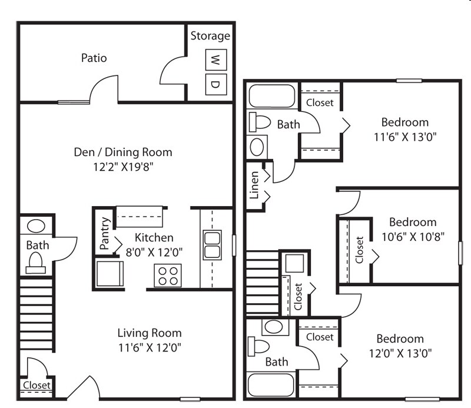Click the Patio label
pos(94,58)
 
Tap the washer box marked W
pos(215,59)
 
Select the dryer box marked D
pos(215,84)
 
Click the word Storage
pos(210,36)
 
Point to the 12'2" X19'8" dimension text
pos(123,166)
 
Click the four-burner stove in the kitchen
pos(168,275)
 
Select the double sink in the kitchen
pos(212,246)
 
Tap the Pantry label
pos(104,234)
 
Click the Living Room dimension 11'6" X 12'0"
pos(149,347)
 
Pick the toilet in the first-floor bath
pos(35,263)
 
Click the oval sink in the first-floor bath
pos(37,226)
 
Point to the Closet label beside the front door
pos(37,386)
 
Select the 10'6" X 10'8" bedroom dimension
pos(413,236)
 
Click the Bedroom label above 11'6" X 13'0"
pos(404,122)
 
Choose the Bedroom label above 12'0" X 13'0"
pos(400,339)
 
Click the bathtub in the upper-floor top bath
pos(271,96)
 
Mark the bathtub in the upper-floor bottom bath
pos(271,385)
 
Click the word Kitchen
pos(154,238)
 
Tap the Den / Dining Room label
pos(123,152)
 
